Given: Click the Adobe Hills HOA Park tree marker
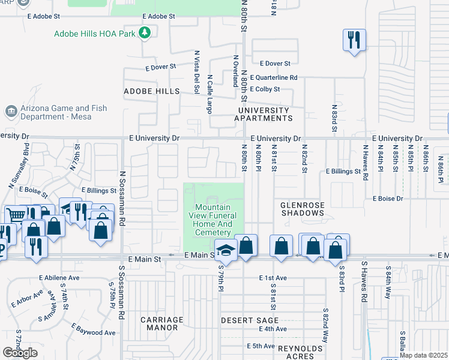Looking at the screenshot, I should click(x=144, y=33).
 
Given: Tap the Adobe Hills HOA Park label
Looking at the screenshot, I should click(x=94, y=34).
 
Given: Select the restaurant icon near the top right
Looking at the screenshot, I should click(x=354, y=40).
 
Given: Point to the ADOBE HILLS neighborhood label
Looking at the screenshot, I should click(x=151, y=91).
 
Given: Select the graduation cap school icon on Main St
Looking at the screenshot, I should click(x=226, y=247).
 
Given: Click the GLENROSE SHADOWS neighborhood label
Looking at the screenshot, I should click(x=303, y=209).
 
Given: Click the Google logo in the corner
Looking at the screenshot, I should click(x=20, y=353).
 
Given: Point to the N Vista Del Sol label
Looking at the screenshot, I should click(x=196, y=71).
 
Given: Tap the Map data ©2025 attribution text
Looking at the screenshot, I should click(x=424, y=355).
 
